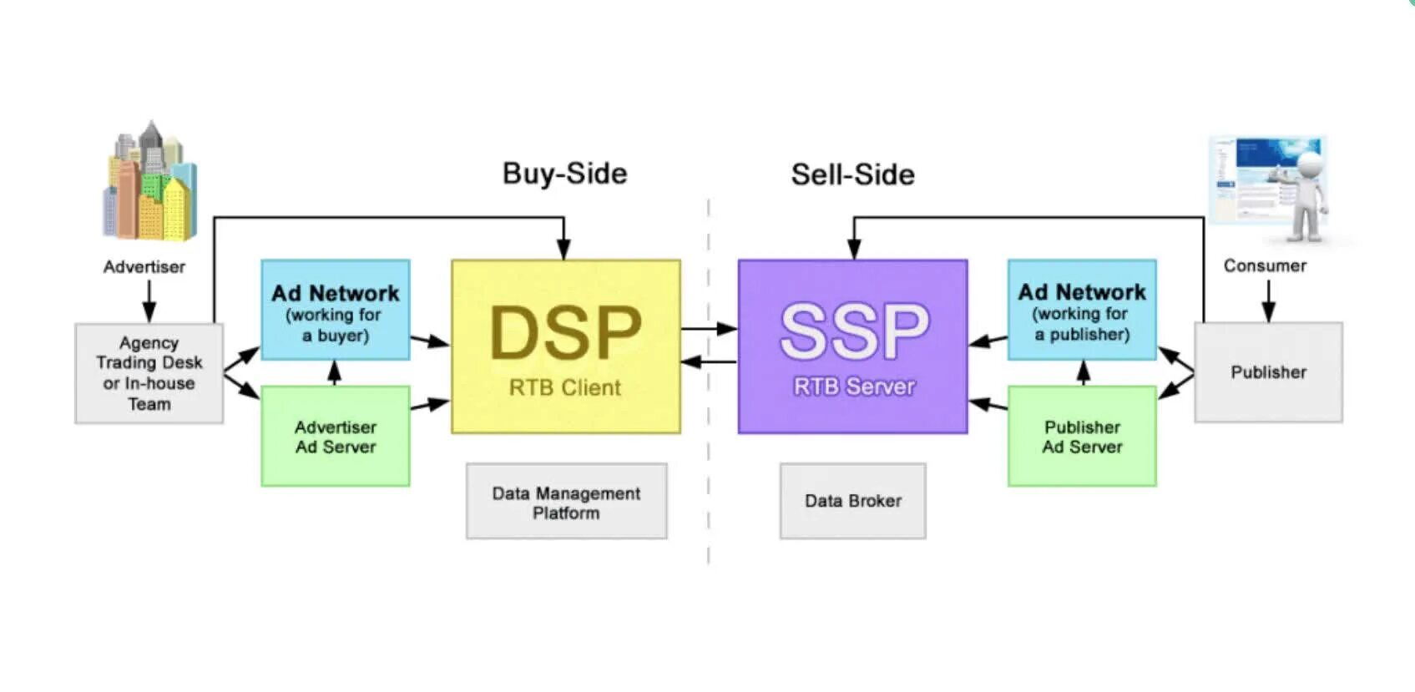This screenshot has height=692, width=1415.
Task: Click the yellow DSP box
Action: [565, 346]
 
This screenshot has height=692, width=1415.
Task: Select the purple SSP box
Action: [852, 346]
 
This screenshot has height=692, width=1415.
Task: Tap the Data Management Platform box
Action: [566, 502]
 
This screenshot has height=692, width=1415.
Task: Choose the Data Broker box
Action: [852, 501]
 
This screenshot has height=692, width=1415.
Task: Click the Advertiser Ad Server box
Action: [335, 437]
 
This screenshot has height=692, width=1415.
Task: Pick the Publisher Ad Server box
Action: [1082, 437]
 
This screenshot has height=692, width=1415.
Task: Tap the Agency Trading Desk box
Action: [149, 373]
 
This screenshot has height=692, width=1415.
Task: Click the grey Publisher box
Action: [1268, 372]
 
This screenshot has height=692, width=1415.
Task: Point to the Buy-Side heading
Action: [564, 174]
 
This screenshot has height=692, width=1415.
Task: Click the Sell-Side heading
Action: [852, 174]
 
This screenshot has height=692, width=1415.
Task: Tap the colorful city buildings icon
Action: [149, 182]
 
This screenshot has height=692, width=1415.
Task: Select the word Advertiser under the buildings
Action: [144, 267]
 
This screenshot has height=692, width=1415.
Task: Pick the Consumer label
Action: [1265, 265]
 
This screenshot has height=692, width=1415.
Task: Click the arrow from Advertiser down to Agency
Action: [149, 301]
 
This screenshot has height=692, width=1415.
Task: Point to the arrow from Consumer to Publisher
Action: [1268, 301]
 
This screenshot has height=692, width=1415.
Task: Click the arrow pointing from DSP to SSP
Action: [709, 329]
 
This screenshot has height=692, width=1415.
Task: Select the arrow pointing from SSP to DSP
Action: [709, 362]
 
